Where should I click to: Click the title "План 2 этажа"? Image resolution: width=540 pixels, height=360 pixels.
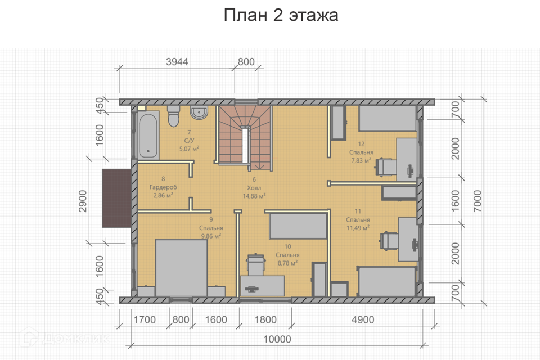[281, 15]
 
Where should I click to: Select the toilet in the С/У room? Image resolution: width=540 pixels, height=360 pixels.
[173, 117]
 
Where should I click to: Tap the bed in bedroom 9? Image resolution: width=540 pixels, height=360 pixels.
[182, 267]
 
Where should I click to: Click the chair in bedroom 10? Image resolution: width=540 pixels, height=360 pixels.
[255, 263]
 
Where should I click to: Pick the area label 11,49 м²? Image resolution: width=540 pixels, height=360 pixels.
[357, 228]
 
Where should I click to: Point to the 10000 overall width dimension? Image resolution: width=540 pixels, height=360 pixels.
[278, 339]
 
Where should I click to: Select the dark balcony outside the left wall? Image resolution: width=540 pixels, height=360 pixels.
[116, 199]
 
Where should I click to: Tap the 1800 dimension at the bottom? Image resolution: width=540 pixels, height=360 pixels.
[265, 320]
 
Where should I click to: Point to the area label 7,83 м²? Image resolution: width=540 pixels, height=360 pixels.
[360, 160]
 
